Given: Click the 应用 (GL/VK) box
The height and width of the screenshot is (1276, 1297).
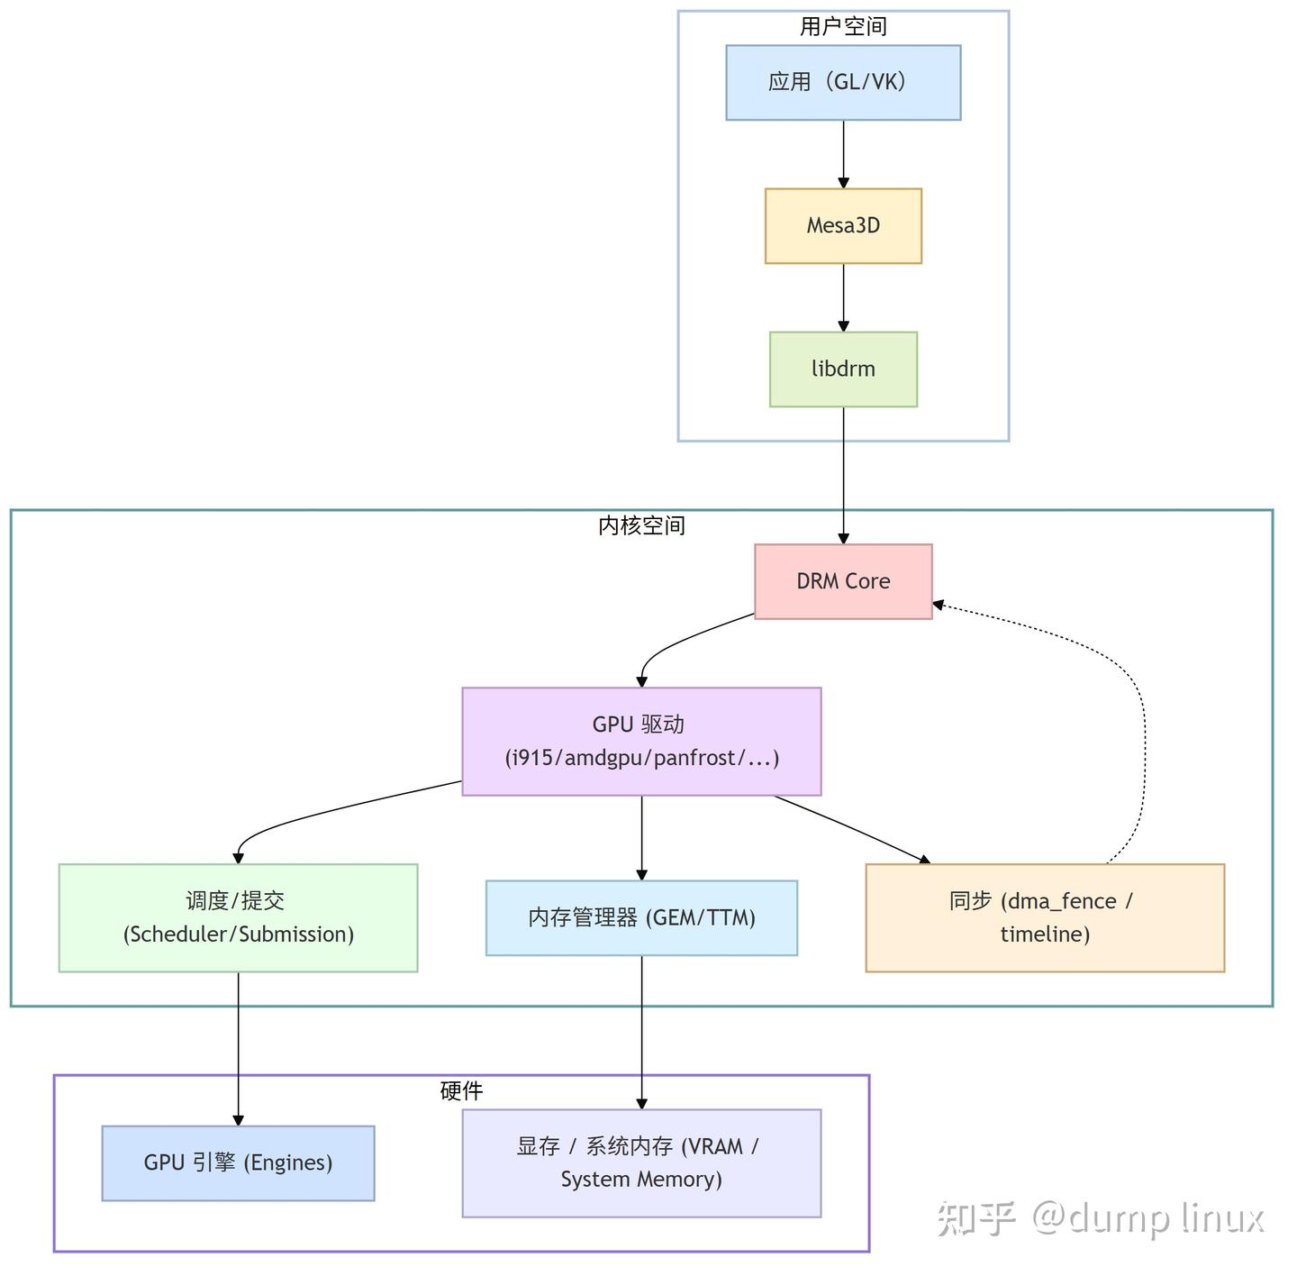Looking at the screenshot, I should [843, 82].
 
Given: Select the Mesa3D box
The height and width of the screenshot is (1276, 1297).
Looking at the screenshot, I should [843, 225].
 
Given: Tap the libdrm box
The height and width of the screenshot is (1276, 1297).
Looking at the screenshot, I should [843, 369].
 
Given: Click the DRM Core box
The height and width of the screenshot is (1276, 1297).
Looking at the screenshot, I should [843, 581].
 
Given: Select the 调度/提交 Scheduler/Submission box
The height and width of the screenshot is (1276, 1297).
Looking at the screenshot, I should [238, 917].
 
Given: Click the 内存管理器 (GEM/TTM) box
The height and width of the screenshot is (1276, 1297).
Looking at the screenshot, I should [641, 917].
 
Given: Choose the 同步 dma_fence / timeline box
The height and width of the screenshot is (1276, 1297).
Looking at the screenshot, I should [1045, 917].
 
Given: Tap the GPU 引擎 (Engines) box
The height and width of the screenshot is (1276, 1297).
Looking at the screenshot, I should [238, 1162].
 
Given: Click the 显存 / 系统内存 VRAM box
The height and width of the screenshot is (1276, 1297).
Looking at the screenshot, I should [641, 1162].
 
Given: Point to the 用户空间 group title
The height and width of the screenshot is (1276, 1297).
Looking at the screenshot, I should [843, 27].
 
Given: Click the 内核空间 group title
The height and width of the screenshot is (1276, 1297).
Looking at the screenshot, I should [641, 525].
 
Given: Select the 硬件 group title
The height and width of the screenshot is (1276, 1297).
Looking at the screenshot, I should [461, 1091].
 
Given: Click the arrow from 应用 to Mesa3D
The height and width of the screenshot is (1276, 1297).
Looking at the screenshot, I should [843, 153].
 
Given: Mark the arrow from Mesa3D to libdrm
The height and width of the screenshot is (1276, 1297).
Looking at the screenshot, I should [843, 297].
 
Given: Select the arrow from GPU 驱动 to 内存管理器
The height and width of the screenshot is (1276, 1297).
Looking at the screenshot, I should [641, 837].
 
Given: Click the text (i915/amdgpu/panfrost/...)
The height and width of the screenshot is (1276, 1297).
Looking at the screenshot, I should [641, 758].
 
